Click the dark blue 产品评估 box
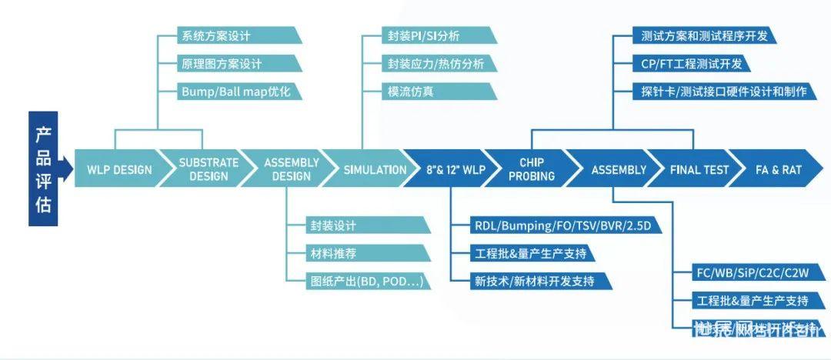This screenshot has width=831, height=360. tap(43, 168)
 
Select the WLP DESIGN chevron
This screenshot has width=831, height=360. tap(119, 169)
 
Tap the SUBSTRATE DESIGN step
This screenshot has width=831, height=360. tap(209, 169)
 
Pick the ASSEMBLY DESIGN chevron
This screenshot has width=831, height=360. tap(291, 169)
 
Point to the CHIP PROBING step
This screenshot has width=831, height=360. tap(532, 169)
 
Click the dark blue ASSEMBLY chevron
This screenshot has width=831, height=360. tap(618, 169)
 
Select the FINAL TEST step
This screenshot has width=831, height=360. tap(698, 169)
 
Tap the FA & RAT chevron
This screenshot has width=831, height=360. tap(778, 169)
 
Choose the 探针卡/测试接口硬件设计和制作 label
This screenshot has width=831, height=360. tap(723, 91)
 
